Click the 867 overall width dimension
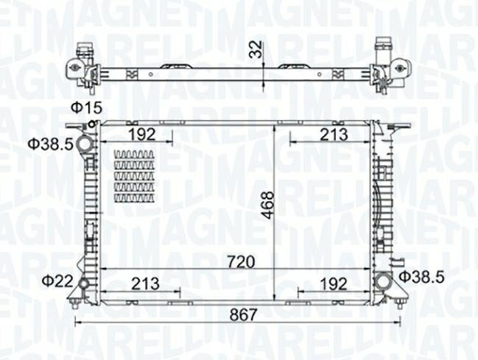tap(243, 314)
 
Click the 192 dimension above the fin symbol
tap(141, 134)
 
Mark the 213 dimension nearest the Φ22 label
tap(145, 282)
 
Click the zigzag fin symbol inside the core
tap(134, 176)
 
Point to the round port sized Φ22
tap(83, 283)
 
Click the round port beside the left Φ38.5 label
tap(87, 143)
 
